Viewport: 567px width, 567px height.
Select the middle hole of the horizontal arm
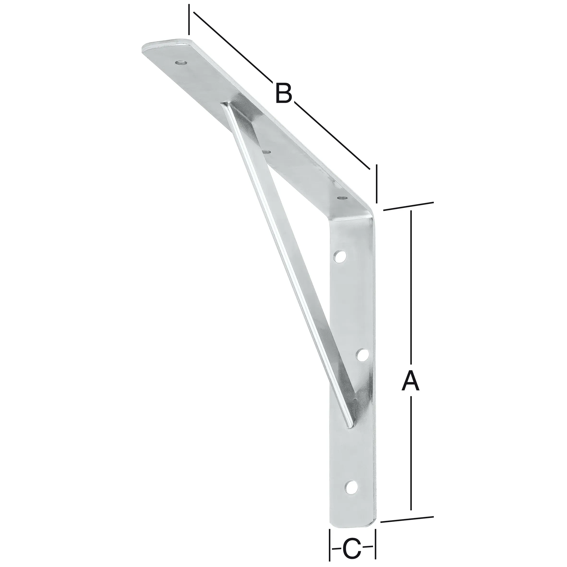[x=266, y=152]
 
